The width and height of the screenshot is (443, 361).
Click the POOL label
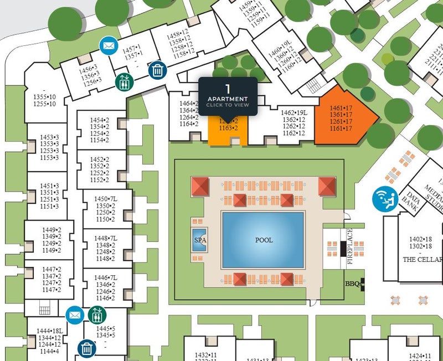click(x=264, y=240)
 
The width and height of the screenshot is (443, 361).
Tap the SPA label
click(x=199, y=240)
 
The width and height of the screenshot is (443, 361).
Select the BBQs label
click(x=353, y=283)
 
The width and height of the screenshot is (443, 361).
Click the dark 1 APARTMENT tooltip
click(x=228, y=96)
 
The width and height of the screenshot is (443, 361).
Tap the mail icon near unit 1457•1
click(x=108, y=44)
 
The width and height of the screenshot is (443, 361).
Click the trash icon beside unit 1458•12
click(x=158, y=70)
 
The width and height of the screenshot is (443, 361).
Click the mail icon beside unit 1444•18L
click(x=74, y=314)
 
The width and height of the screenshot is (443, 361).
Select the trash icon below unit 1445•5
click(x=86, y=348)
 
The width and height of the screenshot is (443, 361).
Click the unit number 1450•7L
click(x=106, y=199)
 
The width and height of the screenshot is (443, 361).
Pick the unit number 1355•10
click(x=44, y=97)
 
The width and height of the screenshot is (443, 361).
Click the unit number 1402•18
click(x=420, y=239)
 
